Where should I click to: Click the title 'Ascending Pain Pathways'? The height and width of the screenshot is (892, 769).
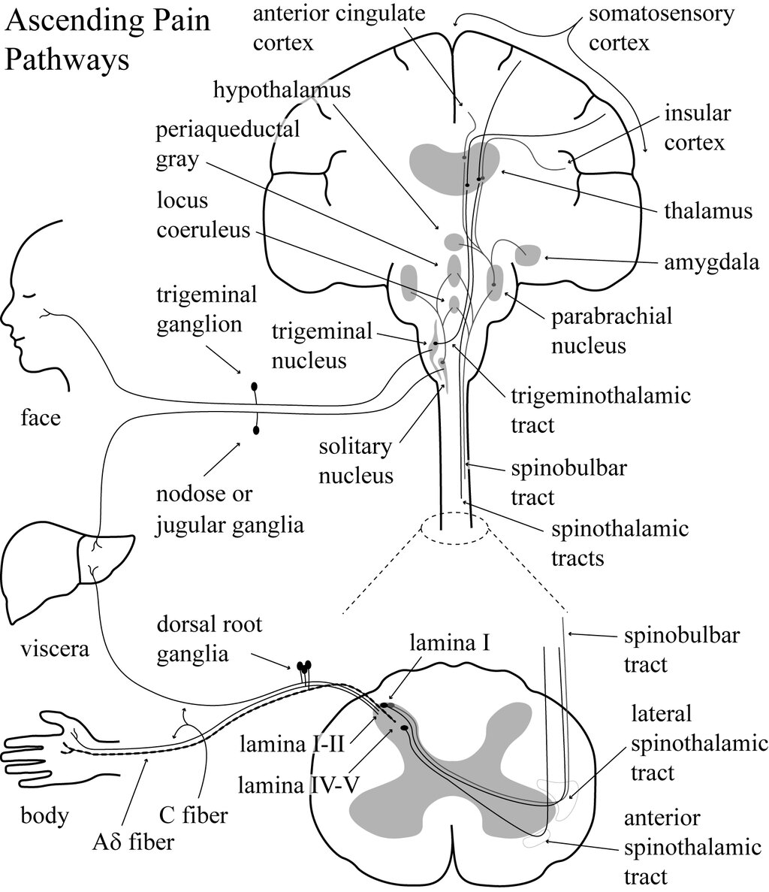point(107,40)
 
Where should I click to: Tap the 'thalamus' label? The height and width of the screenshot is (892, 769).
point(707,211)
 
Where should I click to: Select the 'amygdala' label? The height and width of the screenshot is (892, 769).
point(711,263)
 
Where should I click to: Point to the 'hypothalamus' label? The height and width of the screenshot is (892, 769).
point(282,90)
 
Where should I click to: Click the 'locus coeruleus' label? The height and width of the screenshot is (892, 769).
point(204,215)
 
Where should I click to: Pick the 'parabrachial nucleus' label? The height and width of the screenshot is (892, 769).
point(611,331)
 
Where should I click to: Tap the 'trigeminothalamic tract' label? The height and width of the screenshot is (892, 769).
point(600,410)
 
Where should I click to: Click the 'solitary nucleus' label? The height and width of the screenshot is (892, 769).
point(356,461)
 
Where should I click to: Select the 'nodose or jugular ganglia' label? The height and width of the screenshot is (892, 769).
point(230,509)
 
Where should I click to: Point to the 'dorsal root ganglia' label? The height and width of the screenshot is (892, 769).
point(210,640)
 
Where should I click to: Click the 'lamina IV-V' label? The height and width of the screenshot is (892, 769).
point(298,785)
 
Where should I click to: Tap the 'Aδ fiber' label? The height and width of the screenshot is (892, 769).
point(133,842)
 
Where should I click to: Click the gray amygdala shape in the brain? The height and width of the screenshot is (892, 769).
point(529,255)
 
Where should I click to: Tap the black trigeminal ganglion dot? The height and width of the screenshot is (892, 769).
point(254,387)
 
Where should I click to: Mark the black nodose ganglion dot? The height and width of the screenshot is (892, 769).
point(256,430)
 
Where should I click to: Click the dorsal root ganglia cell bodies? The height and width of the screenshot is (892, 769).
point(304,666)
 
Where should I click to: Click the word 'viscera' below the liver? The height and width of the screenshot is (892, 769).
point(55,649)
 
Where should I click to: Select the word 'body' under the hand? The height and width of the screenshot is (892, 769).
point(44,815)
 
